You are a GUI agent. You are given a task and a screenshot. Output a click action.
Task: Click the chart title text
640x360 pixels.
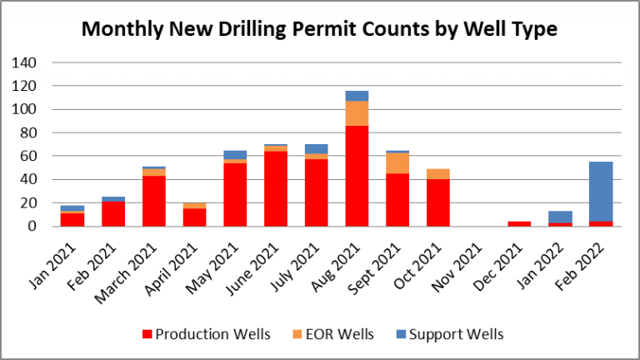point(319,29)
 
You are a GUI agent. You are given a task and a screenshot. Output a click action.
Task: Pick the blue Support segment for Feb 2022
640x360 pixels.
point(601,191)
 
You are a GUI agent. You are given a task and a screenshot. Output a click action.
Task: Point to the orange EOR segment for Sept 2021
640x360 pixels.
point(397,162)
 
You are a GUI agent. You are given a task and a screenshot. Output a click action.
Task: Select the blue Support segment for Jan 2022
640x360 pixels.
point(560,217)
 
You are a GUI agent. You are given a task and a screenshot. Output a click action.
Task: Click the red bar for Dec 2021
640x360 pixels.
point(519,223)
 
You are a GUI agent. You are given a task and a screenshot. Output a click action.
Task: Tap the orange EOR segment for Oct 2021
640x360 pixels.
point(438,174)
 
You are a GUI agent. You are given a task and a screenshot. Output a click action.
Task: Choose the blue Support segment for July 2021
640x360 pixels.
point(317,148)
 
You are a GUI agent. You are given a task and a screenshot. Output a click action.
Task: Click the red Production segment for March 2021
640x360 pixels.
point(154,200)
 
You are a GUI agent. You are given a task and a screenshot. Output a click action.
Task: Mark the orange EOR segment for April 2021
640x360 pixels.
point(195,205)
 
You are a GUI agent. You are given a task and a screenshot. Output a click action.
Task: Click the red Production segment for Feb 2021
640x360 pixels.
point(113,213)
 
